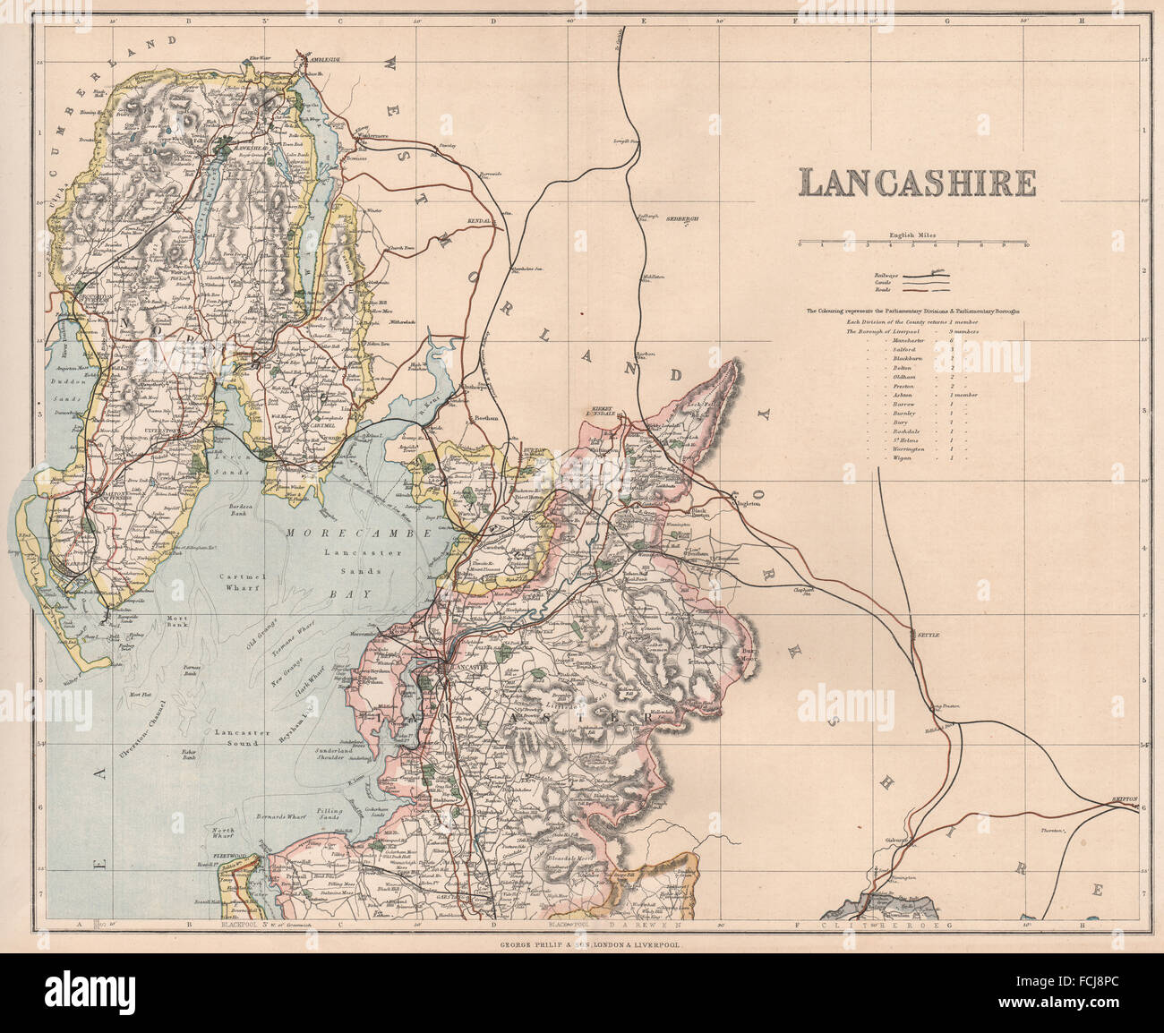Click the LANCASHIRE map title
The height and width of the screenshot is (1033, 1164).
[918, 183]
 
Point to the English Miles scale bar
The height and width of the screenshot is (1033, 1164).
[912, 243]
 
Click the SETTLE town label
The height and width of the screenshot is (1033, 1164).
[927, 634]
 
